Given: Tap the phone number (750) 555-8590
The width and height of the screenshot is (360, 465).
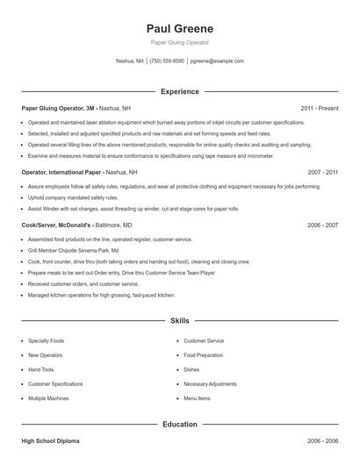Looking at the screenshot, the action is click(167, 61).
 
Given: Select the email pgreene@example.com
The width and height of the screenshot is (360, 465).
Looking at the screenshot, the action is click(217, 61).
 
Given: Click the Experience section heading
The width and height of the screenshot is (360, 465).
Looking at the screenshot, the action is click(180, 91).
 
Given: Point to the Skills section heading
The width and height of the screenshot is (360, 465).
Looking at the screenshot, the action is click(180, 322).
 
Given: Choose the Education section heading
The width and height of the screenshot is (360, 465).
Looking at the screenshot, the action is click(180, 424).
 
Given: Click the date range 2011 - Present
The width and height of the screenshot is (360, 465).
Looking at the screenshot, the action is click(319, 108).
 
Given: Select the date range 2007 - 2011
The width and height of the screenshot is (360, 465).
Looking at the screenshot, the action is click(322, 173).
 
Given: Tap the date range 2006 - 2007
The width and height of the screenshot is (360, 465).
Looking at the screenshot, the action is click(322, 225).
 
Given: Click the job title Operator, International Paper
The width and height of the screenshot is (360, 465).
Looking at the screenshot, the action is click(61, 173).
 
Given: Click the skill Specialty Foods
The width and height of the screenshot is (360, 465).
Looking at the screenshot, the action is click(46, 340).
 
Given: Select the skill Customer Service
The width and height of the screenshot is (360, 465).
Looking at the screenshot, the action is click(204, 340).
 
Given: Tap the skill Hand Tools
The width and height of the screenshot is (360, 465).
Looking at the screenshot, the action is click(40, 369).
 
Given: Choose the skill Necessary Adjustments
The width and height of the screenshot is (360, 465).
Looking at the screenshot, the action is click(210, 383).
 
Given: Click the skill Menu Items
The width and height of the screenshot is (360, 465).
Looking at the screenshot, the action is click(197, 398).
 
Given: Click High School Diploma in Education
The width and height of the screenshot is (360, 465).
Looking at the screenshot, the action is click(51, 440).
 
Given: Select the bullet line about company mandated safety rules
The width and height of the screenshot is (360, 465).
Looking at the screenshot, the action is click(72, 198).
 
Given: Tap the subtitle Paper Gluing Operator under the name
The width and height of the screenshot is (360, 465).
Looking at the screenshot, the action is click(179, 42).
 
